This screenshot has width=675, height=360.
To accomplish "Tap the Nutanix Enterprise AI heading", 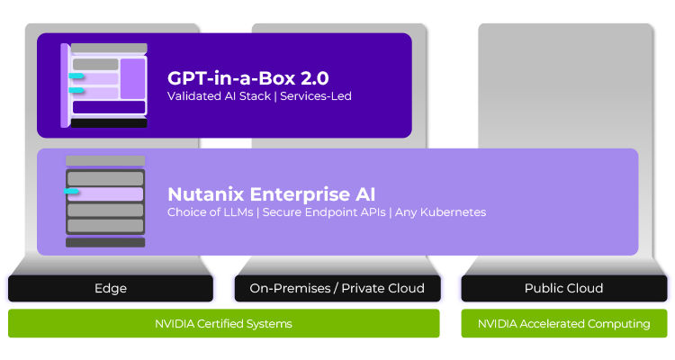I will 271,193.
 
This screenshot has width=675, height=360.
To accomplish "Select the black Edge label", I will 111,288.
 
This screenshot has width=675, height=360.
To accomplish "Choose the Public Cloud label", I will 563,288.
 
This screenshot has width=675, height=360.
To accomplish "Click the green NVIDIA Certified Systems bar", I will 224,323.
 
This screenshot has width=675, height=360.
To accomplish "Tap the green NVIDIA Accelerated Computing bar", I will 563,323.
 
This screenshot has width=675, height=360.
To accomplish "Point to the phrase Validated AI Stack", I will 219,96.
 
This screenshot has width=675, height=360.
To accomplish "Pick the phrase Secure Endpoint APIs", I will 323,212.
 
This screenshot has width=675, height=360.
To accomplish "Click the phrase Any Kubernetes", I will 440,212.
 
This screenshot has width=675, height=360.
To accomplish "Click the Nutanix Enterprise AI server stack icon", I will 105,201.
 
